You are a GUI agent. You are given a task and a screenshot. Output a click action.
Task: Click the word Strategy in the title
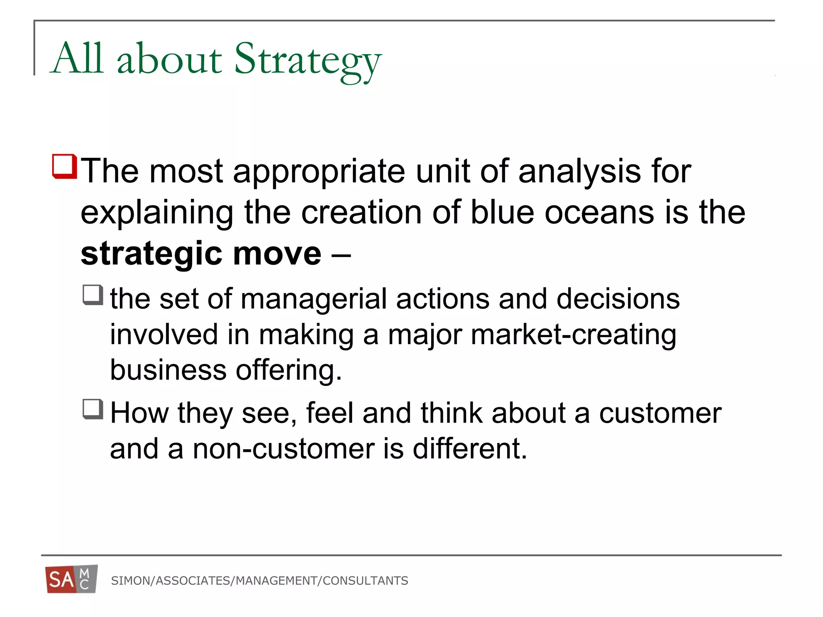tap(307, 60)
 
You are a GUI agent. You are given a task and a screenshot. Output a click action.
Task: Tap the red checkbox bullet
tap(64, 166)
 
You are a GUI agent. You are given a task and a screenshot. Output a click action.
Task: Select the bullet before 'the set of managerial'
tap(93, 295)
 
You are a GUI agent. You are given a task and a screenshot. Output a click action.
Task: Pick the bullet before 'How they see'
tap(93, 409)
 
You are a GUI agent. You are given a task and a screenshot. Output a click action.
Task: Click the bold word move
tap(277, 254)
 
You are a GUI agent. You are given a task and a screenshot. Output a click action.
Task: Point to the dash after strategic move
tap(341, 255)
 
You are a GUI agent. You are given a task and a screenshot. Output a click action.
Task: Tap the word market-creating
tap(573, 335)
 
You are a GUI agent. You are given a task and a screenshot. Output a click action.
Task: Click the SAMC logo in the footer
tap(72, 579)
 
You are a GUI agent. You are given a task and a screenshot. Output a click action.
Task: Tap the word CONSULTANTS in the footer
tap(365, 581)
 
